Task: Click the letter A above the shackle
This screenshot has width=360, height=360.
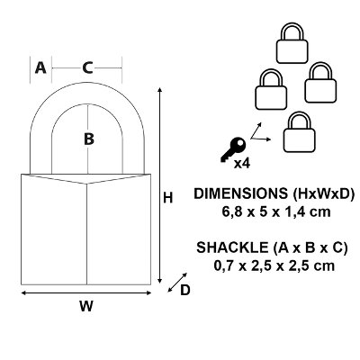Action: pyautogui.click(x=40, y=67)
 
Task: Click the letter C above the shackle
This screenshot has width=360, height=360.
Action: pyautogui.click(x=87, y=67)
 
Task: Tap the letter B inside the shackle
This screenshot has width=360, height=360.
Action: pyautogui.click(x=89, y=139)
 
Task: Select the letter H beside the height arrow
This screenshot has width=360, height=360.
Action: pyautogui.click(x=168, y=198)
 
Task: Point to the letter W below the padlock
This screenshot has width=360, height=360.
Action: pyautogui.click(x=86, y=306)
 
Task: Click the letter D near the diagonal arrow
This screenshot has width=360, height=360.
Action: pyautogui.click(x=185, y=290)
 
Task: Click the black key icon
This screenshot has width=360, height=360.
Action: pyautogui.click(x=233, y=149)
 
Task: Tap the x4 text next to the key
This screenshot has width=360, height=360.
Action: pyautogui.click(x=242, y=164)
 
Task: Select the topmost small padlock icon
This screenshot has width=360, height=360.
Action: pyautogui.click(x=292, y=43)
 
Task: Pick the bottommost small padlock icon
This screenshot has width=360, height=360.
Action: pyautogui.click(x=300, y=132)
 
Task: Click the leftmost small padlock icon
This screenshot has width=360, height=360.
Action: pyautogui.click(x=271, y=89)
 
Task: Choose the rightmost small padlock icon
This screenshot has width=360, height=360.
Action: pyautogui.click(x=320, y=83)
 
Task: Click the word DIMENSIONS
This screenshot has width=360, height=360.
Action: pyautogui.click(x=241, y=193)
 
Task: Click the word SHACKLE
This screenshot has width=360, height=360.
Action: pyautogui.click(x=232, y=247)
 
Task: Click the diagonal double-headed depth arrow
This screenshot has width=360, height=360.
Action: pyautogui.click(x=177, y=282)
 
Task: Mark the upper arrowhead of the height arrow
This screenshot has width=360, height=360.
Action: pyautogui.click(x=160, y=90)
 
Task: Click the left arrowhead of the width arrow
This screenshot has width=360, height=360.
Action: pyautogui.click(x=23, y=293)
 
